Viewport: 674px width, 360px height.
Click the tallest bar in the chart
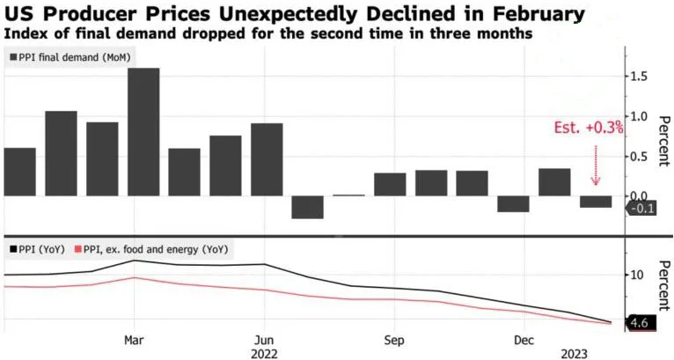(x=143, y=131)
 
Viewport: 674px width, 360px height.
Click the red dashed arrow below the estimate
(x=596, y=163)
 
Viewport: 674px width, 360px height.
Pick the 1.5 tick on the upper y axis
(x=641, y=77)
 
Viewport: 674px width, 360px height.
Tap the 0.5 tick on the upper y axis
(x=641, y=157)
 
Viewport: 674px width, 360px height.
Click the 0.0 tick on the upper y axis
(x=641, y=195)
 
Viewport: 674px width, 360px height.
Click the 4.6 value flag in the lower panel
(x=640, y=324)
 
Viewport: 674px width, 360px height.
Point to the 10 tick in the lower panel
(x=639, y=275)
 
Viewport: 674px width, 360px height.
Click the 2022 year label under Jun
(x=265, y=353)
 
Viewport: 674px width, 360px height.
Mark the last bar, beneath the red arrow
(x=596, y=202)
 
